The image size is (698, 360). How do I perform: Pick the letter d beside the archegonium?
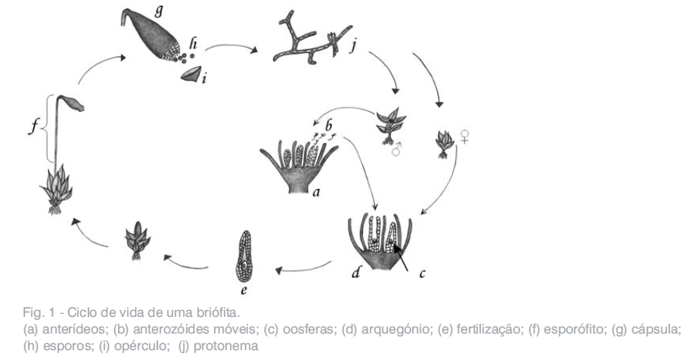[355, 272]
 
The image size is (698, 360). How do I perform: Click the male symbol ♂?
[395, 151]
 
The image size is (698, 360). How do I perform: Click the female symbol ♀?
[465, 135]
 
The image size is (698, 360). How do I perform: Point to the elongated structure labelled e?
[244, 257]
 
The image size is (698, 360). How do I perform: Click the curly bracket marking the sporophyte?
[49, 128]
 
